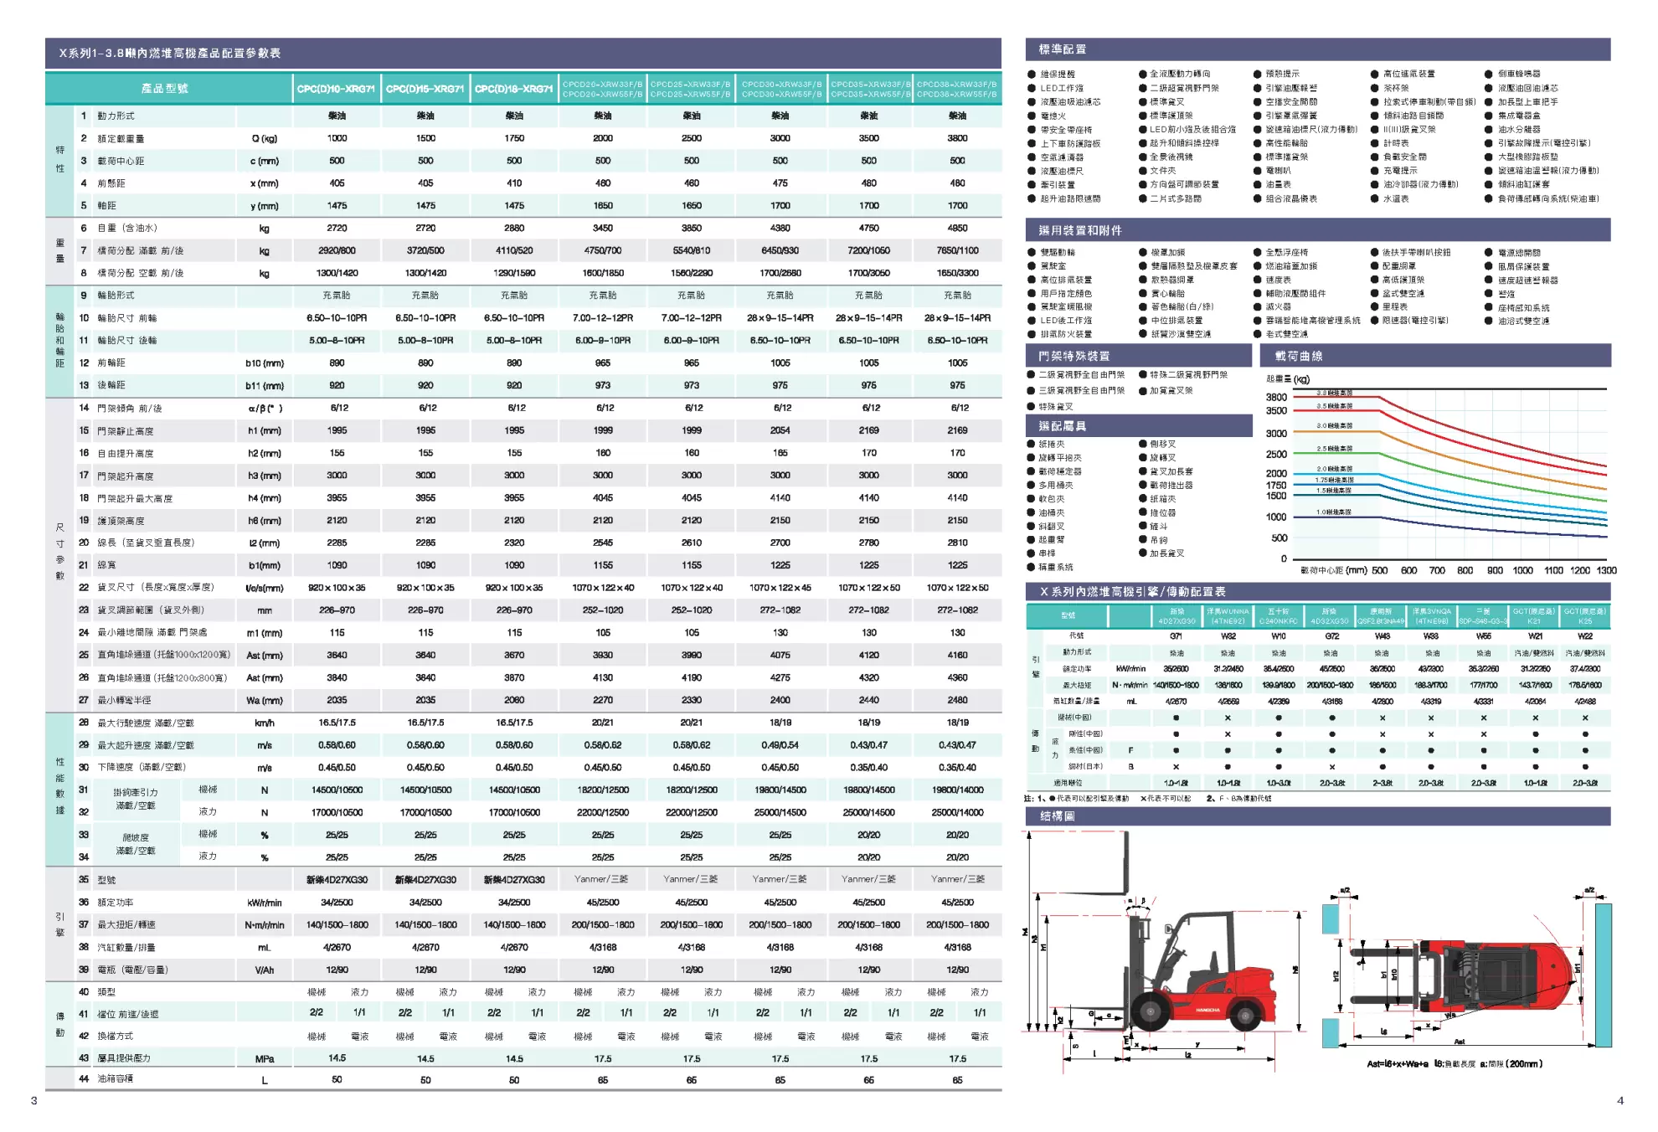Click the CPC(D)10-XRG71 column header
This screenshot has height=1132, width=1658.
point(336,89)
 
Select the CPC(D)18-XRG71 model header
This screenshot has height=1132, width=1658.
point(513,89)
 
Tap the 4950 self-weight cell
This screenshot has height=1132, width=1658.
point(957,228)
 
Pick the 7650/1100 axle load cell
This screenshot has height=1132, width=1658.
point(957,250)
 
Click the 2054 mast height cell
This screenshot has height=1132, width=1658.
point(780,430)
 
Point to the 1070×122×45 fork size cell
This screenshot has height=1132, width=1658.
point(780,588)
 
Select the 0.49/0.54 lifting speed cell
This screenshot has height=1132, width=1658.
point(780,745)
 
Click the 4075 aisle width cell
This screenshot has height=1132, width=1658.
point(780,656)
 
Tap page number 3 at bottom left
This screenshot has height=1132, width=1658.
point(33,1100)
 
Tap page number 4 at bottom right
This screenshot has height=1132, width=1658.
point(1619,1100)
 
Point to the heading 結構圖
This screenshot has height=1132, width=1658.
point(1057,816)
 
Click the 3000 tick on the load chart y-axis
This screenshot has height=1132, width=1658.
point(1276,434)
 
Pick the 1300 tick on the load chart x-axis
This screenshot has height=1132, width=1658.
point(1606,571)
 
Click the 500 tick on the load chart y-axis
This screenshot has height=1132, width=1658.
point(1279,538)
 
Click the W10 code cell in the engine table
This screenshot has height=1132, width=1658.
point(1278,636)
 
